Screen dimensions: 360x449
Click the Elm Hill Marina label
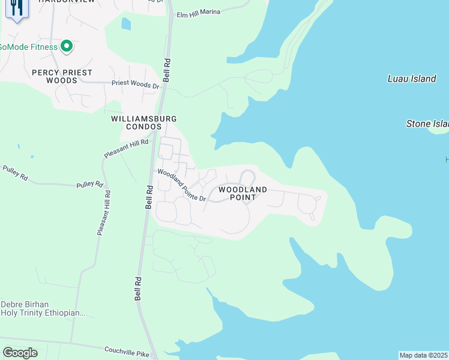[x=198, y=11]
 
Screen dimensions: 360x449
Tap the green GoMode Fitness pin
[x=68, y=46]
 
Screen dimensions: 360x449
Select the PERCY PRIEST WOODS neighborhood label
[x=62, y=76]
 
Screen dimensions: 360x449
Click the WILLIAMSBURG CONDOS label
[x=137, y=122]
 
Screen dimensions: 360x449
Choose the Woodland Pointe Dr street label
[x=181, y=184]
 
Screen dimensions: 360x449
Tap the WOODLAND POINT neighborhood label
[x=243, y=193]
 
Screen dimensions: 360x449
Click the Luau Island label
[x=412, y=79]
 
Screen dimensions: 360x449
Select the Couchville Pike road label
[x=127, y=352]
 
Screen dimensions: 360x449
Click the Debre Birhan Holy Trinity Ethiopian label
[x=43, y=308]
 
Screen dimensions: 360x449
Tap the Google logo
[x=20, y=353]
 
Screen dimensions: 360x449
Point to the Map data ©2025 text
[x=423, y=355]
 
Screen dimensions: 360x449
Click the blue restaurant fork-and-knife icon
[x=16, y=8]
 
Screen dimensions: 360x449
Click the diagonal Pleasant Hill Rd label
[x=125, y=148]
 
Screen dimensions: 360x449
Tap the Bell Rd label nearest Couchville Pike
[x=138, y=289]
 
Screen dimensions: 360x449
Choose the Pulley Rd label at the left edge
[x=14, y=173]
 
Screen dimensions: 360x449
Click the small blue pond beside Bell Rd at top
[x=125, y=23]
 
